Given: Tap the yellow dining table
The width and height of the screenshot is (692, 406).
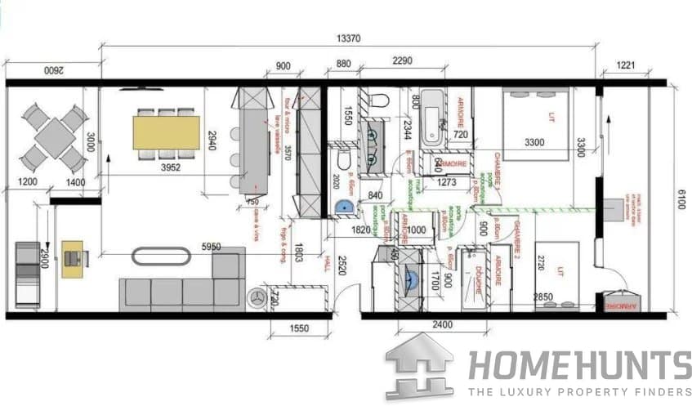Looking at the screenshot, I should (x=167, y=132).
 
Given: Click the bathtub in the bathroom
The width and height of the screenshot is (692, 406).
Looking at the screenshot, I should (x=433, y=119).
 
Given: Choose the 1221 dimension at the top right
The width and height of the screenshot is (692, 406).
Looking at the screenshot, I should (x=626, y=65).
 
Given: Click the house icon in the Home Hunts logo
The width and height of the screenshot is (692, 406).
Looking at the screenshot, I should (x=419, y=365).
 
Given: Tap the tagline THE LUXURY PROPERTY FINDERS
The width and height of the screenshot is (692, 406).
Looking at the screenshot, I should (x=579, y=391).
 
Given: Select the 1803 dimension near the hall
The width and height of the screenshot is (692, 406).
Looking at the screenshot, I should (x=299, y=252).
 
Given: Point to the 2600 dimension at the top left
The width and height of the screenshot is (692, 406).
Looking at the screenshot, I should (x=52, y=72).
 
